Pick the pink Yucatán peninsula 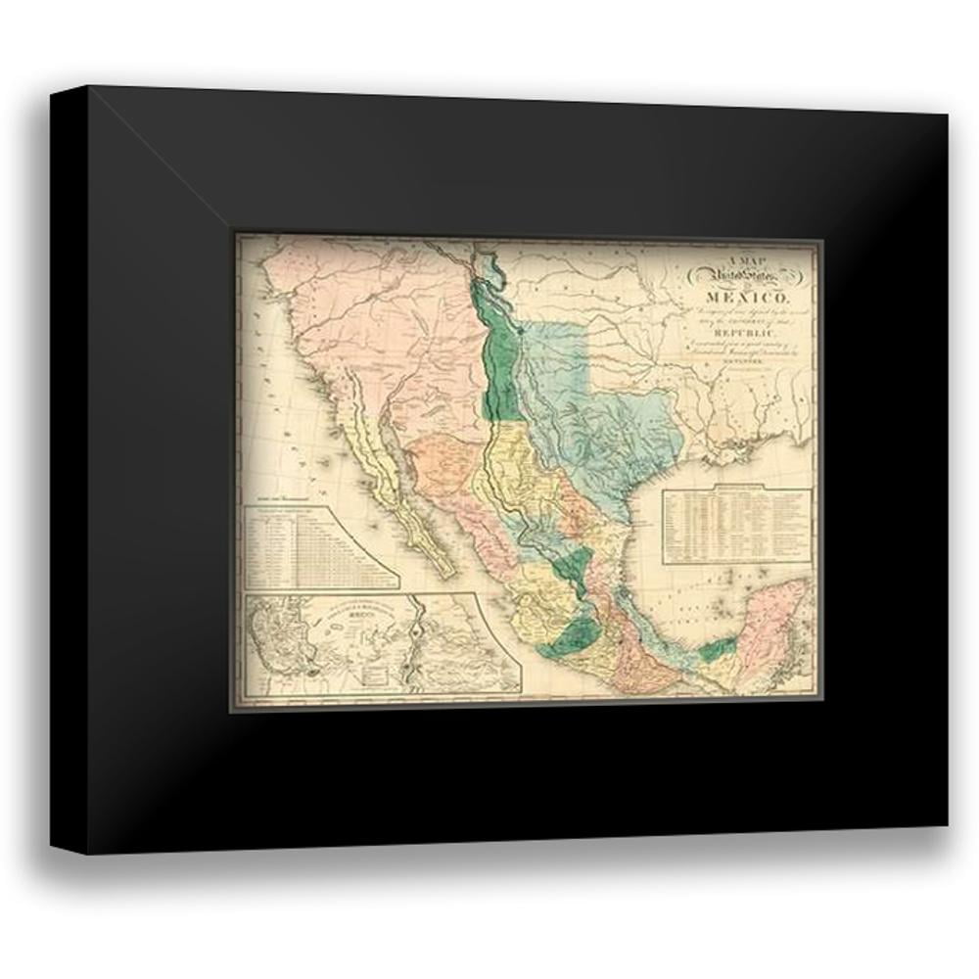coord(773,627)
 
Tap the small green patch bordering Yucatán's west coord(718,648)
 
